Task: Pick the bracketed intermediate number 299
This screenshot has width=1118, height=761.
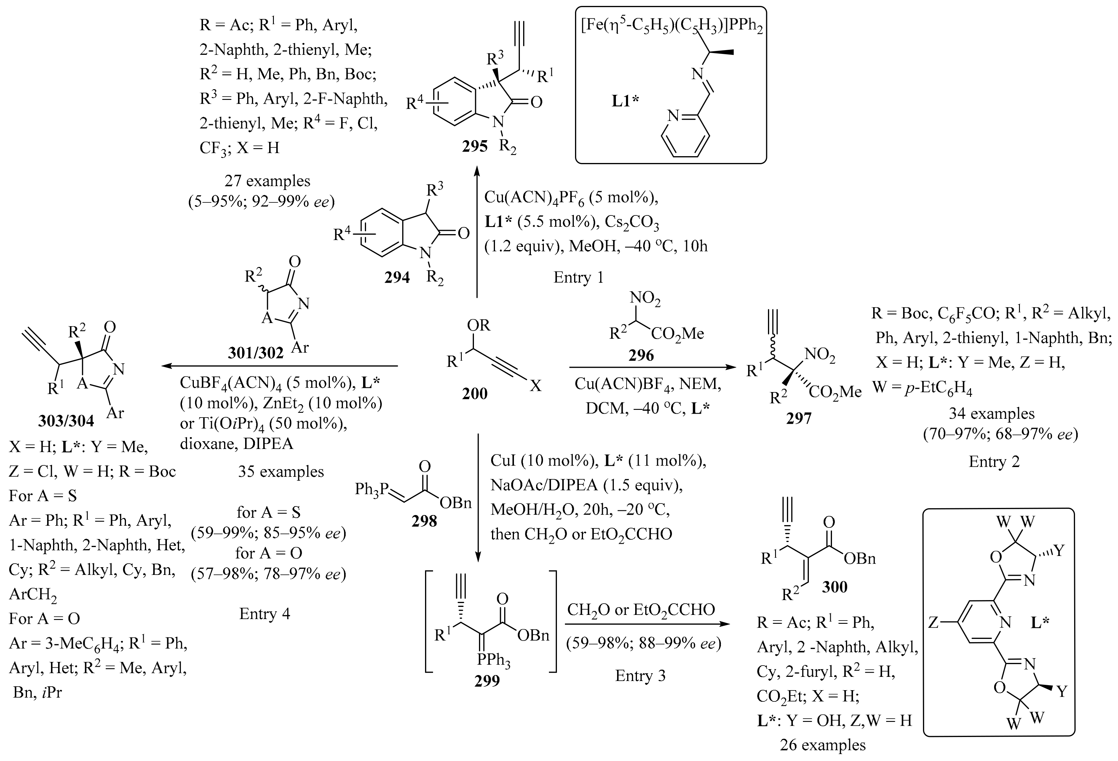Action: click(x=487, y=680)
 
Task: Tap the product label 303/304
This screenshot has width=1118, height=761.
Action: click(x=66, y=421)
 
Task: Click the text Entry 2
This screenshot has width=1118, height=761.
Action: click(x=994, y=461)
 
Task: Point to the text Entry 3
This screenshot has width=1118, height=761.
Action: click(x=640, y=675)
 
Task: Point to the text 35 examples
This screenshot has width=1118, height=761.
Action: click(x=281, y=471)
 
